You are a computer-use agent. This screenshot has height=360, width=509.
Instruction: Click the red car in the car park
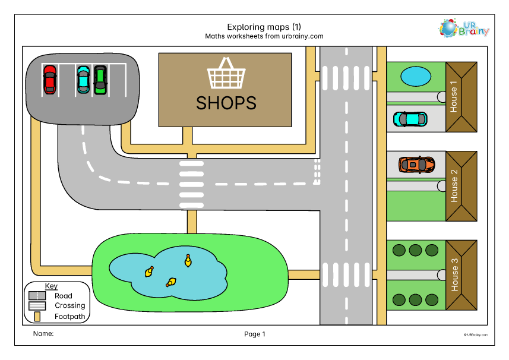(x=50, y=80)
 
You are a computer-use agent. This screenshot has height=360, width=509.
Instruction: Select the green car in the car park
(x=100, y=80)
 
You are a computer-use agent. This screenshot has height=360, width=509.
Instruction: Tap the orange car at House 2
(x=417, y=165)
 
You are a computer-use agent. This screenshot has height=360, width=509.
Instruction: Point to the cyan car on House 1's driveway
(x=410, y=119)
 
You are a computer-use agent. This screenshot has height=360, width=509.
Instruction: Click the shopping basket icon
(x=226, y=73)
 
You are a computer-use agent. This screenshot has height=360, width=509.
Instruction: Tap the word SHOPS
(x=226, y=103)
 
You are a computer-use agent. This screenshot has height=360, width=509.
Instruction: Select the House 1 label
(x=454, y=96)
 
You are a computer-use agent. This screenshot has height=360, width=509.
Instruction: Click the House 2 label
(x=454, y=186)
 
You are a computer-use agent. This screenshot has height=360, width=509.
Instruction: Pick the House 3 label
(x=454, y=274)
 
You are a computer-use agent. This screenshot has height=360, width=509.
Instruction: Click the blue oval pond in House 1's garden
(x=416, y=77)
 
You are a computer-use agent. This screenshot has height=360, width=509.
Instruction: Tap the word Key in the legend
(x=51, y=286)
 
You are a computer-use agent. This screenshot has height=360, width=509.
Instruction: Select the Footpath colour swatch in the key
(x=37, y=317)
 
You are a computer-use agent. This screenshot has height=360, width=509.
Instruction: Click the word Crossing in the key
(x=70, y=305)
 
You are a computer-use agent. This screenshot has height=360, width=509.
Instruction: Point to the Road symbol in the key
(x=37, y=295)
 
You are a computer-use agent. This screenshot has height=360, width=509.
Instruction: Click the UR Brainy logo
(x=464, y=28)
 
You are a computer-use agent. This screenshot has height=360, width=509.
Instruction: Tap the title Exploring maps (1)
(x=264, y=27)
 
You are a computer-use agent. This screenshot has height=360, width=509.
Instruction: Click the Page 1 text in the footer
(x=255, y=334)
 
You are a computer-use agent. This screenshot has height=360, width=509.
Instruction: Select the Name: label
(x=43, y=333)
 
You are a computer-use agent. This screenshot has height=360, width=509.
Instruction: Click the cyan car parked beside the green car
(x=83, y=80)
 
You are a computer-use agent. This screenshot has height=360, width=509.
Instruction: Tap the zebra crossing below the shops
(x=191, y=184)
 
